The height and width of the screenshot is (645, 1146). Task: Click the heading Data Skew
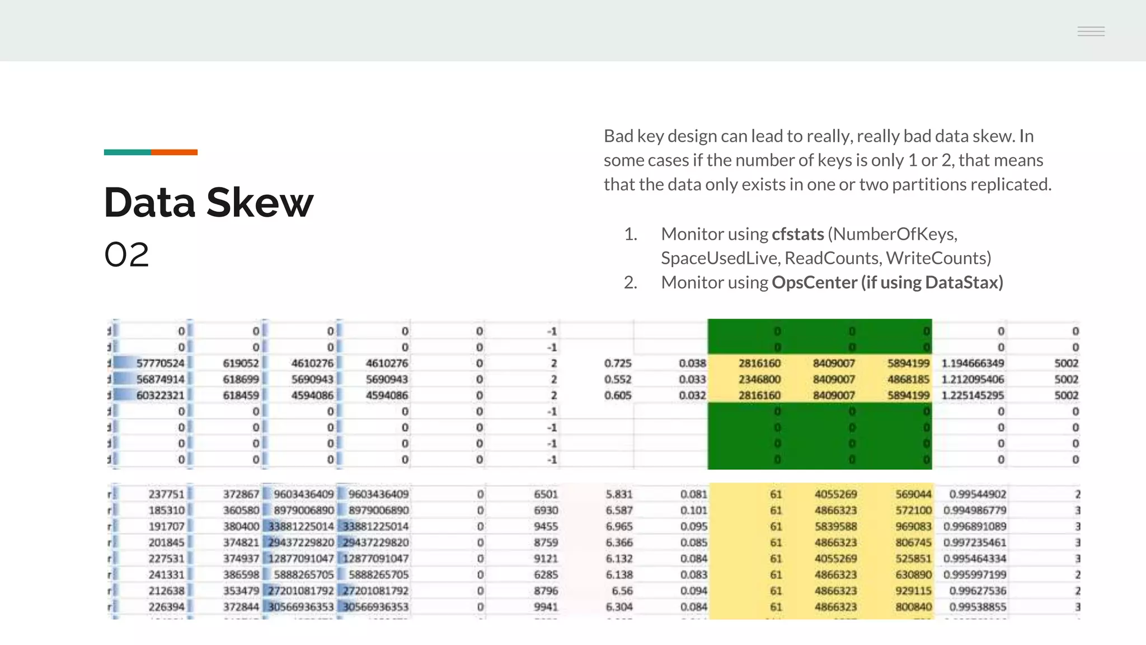point(208,202)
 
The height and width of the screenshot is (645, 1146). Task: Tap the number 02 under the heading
point(127,255)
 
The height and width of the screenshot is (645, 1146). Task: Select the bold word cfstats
point(797,234)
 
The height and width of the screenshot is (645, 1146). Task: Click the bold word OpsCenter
point(814,282)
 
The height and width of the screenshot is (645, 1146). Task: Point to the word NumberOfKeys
point(896,234)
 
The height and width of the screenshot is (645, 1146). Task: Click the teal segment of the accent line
point(127,152)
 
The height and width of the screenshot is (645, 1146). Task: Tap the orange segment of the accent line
point(174,152)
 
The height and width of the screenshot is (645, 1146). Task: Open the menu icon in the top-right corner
point(1091,31)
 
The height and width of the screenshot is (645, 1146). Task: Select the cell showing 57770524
point(160,363)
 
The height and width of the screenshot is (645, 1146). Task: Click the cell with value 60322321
point(160,395)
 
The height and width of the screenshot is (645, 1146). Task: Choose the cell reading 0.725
point(618,363)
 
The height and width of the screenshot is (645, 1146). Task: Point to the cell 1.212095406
point(973,380)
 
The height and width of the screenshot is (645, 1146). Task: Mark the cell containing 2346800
point(759,380)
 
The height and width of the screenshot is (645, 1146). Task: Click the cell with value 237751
point(166,494)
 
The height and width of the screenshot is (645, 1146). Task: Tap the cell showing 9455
point(546,526)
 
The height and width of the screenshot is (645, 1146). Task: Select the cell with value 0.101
point(693,511)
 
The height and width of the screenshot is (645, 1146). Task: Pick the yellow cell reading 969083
point(913,526)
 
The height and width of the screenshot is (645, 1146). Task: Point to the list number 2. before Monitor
point(631,282)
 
